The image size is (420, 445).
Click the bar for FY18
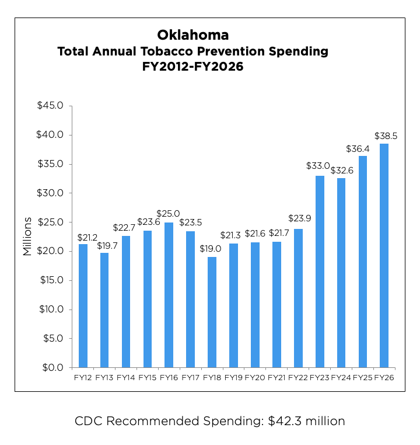212,312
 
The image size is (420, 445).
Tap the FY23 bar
320,272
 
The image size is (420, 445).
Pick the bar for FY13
104,310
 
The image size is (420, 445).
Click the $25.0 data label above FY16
168,214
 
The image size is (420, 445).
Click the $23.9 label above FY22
299,218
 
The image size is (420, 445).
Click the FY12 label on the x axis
83,377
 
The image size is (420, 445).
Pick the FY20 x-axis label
255,377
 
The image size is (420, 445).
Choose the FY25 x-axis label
362,377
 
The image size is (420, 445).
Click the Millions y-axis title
27,237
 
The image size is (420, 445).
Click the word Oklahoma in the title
192,34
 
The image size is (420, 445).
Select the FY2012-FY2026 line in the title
192,67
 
